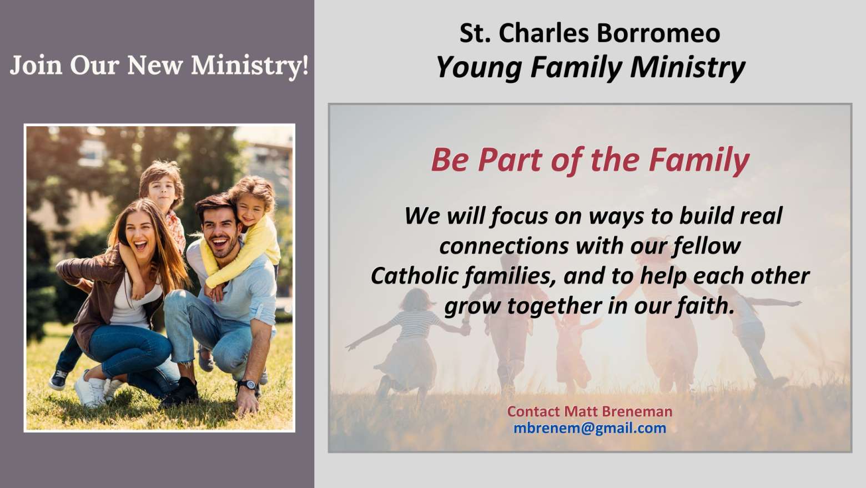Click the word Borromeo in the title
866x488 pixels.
click(x=658, y=33)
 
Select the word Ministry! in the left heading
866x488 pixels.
click(x=250, y=66)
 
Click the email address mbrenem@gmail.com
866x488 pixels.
click(x=590, y=429)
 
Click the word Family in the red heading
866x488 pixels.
click(x=699, y=160)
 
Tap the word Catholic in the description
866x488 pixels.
click(x=416, y=276)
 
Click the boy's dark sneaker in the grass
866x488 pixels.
click(x=58, y=380)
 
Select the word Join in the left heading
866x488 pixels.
click(x=36, y=66)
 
